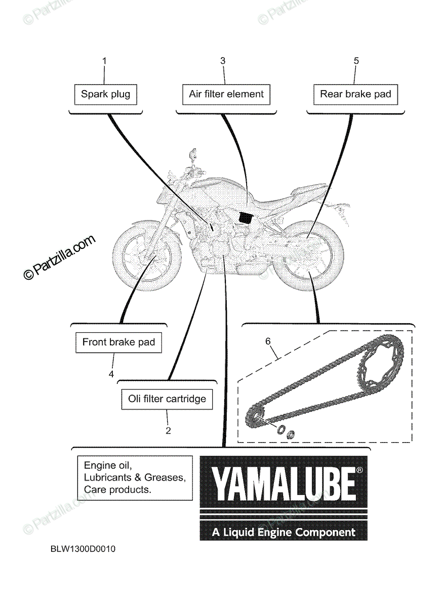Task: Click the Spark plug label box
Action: click(105, 94)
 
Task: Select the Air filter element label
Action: click(226, 94)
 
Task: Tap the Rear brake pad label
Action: click(355, 94)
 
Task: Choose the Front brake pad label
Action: click(118, 342)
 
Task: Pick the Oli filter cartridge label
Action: click(167, 399)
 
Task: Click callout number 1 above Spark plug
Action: click(104, 61)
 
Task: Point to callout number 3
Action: click(222, 61)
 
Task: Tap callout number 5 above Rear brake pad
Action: click(356, 61)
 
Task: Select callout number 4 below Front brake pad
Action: click(111, 374)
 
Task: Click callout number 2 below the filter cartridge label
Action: click(168, 431)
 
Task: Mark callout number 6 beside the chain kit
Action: click(268, 341)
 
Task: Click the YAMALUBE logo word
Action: click(283, 484)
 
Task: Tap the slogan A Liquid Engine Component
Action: click(284, 532)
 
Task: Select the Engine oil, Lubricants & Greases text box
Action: click(135, 477)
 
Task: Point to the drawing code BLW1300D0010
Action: click(83, 549)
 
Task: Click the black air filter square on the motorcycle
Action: click(245, 217)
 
